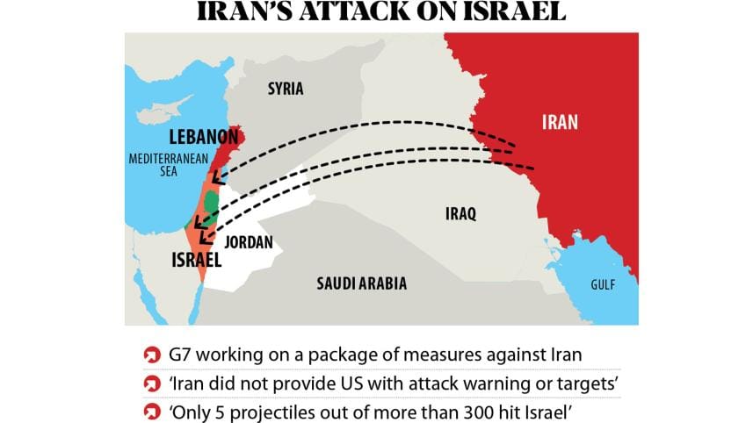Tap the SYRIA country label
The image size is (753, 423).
pos(285,89)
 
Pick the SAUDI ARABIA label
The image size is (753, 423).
pos(361,283)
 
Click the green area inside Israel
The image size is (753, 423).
pos(211,201)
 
